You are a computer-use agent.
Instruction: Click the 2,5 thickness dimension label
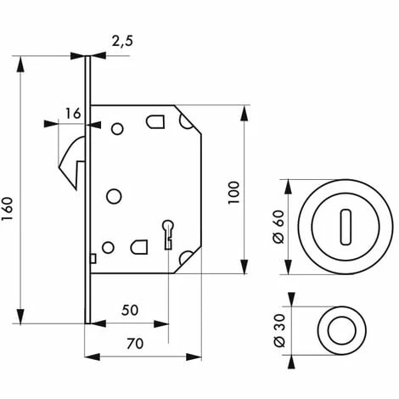coord(122,42)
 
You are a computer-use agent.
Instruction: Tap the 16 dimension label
coord(73,114)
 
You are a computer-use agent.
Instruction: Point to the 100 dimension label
coord(233,193)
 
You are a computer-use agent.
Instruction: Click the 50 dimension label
coord(130,310)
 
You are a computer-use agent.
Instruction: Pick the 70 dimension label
coord(135,344)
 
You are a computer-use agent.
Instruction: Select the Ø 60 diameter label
coord(278,227)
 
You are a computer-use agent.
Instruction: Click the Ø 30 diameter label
coord(279,330)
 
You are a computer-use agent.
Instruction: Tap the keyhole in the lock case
coord(168,234)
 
